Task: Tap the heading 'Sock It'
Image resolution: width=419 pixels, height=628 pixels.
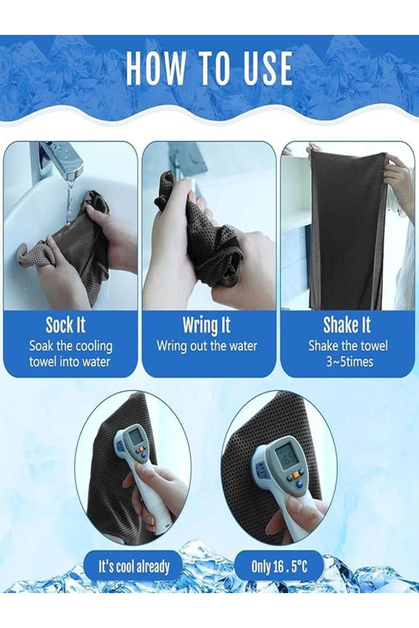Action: pyautogui.click(x=66, y=325)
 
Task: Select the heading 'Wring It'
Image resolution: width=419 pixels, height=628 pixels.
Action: pyautogui.click(x=206, y=325)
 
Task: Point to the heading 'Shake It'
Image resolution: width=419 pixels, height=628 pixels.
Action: pyautogui.click(x=347, y=325)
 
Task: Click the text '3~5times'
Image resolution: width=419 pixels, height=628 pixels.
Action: pyautogui.click(x=350, y=362)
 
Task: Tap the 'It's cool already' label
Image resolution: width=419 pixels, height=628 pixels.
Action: pyautogui.click(x=134, y=567)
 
